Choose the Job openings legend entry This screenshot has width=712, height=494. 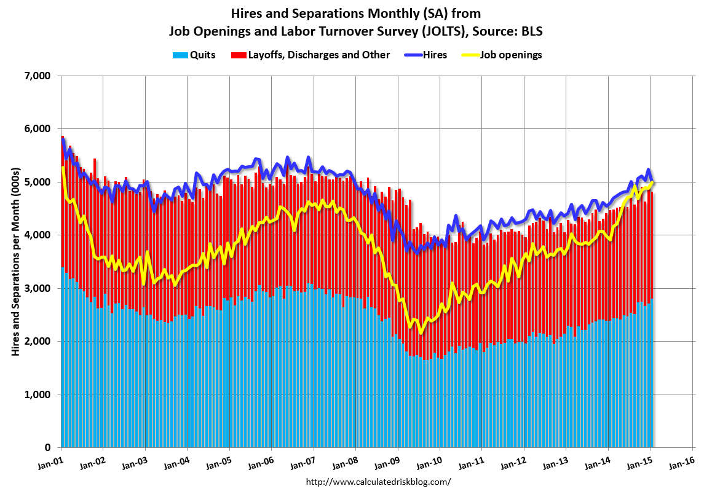(x=507, y=55)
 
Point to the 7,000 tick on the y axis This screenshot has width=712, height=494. (x=37, y=76)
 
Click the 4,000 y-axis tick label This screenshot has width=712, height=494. (x=37, y=235)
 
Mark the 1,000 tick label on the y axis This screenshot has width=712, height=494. (x=37, y=394)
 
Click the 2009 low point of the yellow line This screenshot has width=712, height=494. (x=421, y=332)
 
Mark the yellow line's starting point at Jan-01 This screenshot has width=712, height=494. (x=63, y=167)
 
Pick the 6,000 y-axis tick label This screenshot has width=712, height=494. (x=37, y=129)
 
